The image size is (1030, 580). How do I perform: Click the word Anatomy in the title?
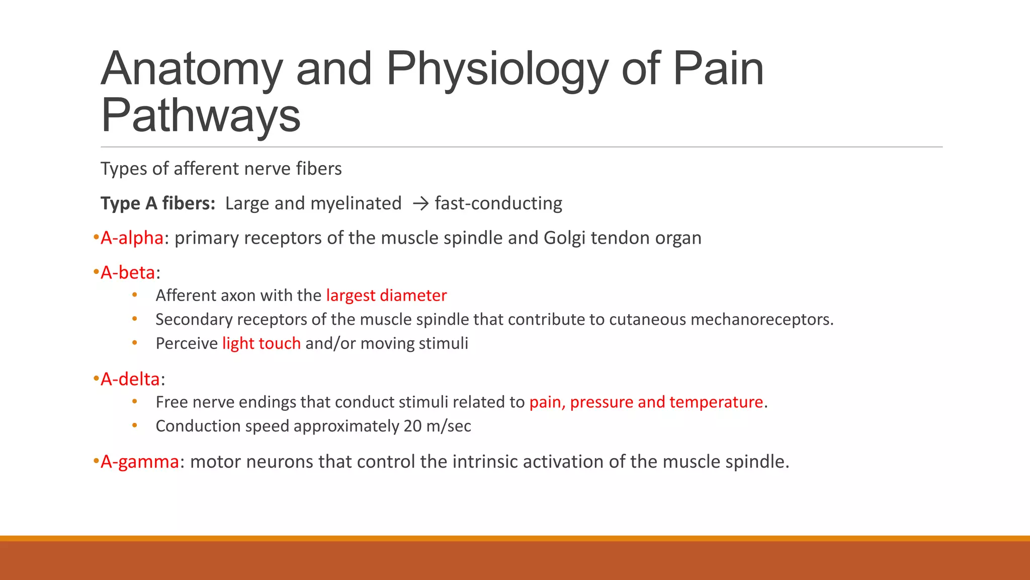click(x=192, y=69)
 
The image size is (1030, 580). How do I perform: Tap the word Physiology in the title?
click(x=497, y=69)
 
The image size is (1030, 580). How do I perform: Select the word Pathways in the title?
click(x=201, y=116)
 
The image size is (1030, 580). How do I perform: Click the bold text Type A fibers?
click(x=158, y=203)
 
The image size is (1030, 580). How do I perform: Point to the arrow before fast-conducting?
click(x=420, y=203)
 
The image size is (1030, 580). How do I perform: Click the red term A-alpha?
click(x=132, y=238)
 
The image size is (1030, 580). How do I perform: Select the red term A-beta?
click(x=128, y=272)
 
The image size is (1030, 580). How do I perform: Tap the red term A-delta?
click(x=130, y=379)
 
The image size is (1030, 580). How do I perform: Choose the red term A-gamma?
click(x=139, y=462)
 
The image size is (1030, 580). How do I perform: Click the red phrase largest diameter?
click(x=386, y=296)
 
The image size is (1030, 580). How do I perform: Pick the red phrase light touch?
click(x=262, y=343)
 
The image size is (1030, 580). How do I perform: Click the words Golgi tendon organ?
click(x=622, y=238)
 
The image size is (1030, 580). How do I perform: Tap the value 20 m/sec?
click(x=437, y=426)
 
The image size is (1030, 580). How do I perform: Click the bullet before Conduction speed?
click(x=135, y=425)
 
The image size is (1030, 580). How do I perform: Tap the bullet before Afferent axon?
click(x=135, y=295)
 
